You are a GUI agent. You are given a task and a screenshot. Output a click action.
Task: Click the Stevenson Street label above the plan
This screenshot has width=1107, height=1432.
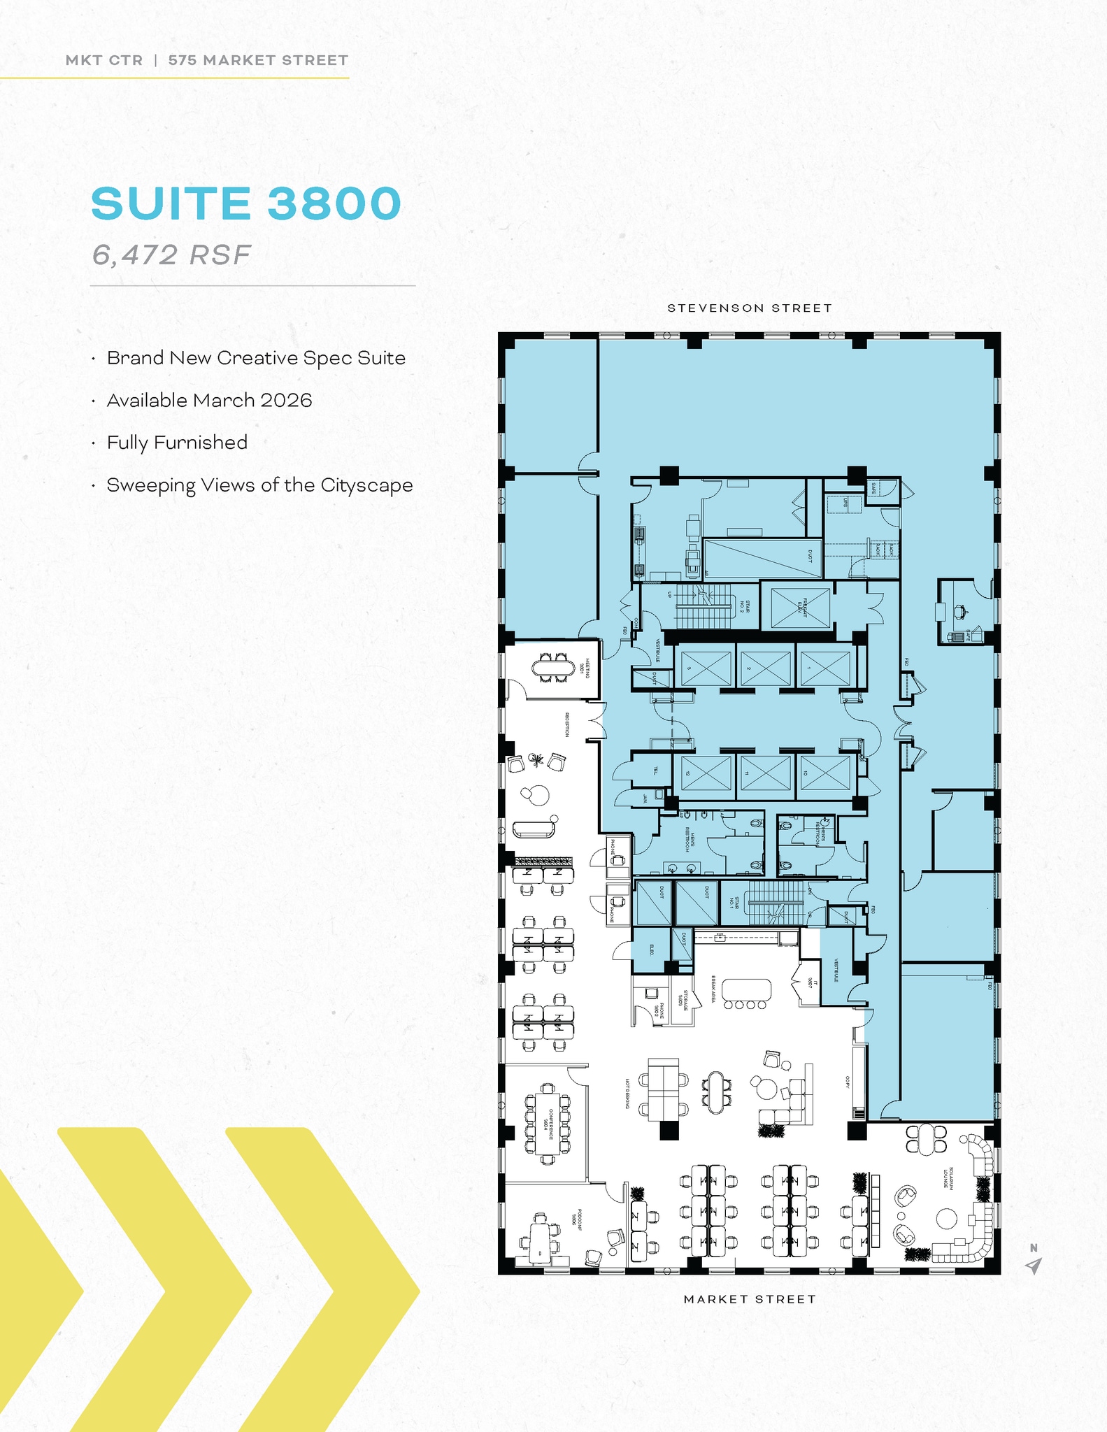tap(749, 308)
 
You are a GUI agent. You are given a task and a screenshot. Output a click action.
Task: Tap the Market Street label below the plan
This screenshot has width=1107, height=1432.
tap(749, 1299)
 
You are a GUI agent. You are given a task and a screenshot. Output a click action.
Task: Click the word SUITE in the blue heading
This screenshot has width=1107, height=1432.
tap(171, 203)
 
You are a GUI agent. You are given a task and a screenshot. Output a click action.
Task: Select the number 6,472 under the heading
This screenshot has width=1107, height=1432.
tap(135, 255)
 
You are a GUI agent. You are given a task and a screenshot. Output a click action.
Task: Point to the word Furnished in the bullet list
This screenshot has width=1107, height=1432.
tap(200, 443)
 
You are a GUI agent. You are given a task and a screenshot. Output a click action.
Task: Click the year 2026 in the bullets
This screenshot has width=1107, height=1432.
tap(285, 400)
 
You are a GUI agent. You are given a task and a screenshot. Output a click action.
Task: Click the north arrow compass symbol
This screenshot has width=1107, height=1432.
tap(1033, 1264)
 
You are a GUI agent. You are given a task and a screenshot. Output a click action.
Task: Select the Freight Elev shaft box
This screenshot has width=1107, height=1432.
tap(800, 607)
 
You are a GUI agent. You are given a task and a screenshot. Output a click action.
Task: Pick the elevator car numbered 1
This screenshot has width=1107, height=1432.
tap(825, 668)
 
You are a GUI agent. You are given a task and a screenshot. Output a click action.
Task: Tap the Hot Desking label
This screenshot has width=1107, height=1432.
tap(627, 1093)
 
